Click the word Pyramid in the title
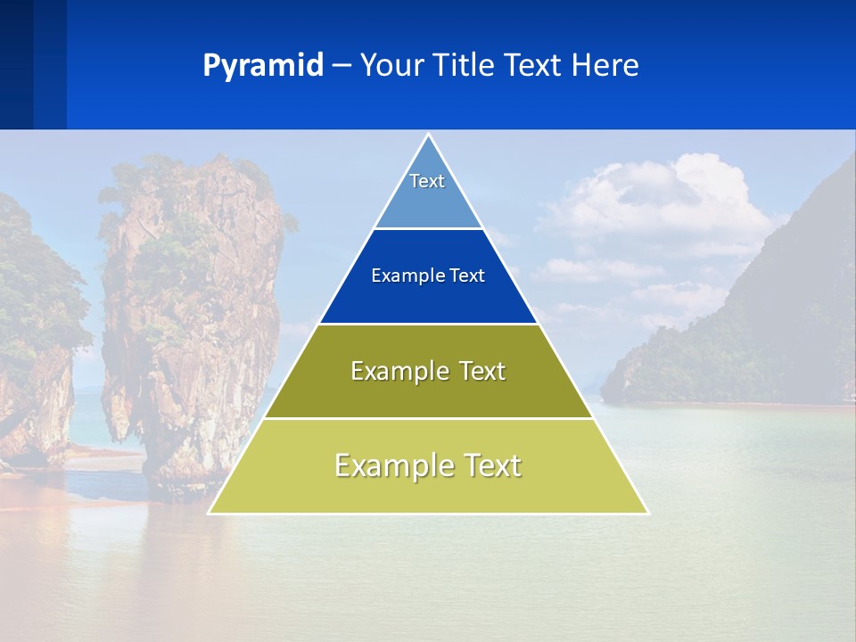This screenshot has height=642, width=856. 262,66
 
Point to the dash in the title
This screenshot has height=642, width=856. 342,66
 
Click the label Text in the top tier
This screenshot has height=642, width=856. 427,181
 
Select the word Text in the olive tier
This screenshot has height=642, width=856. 482,371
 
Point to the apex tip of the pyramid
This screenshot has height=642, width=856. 428,136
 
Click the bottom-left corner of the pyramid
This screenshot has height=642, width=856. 210,513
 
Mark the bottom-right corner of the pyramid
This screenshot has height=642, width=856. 647,513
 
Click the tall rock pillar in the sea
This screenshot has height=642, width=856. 192,312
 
